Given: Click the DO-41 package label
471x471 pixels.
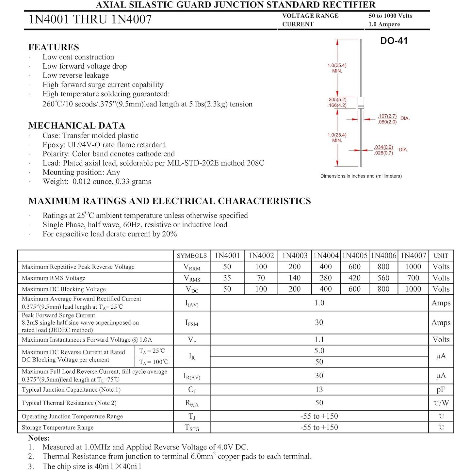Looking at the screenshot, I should pos(394,41).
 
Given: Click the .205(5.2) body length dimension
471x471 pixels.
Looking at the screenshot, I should pos(337,99).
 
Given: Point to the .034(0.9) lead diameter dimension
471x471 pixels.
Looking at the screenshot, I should pos(383,147).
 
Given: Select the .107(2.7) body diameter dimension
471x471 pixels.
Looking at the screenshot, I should pos(387,116).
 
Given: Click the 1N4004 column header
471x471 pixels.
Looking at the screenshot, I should pos(326,255).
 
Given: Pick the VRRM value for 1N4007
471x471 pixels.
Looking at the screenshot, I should pos(413,267).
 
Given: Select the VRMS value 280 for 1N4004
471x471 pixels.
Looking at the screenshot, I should pos(326,278).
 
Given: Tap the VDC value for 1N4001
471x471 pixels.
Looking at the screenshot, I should pos(227,289).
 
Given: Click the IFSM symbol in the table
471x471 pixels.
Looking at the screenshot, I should pos(192,323).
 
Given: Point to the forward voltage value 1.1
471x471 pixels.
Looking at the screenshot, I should pos(319,339).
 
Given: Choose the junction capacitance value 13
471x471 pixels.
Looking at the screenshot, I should pos(319,389).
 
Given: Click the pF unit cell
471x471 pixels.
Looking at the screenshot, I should pos(441,389).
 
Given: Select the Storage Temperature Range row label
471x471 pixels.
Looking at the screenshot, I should pos(57,427).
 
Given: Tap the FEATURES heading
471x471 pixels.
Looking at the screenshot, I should pos(54,47).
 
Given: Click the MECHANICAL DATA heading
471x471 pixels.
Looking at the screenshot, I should pos(76,125).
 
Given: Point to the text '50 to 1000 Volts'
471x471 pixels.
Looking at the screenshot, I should pos(390,16).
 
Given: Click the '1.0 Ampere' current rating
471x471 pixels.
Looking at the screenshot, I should pos(384,24).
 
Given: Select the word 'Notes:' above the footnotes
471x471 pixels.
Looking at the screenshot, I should pos(39,438).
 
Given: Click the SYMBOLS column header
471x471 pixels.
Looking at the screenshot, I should pos(192,255).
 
